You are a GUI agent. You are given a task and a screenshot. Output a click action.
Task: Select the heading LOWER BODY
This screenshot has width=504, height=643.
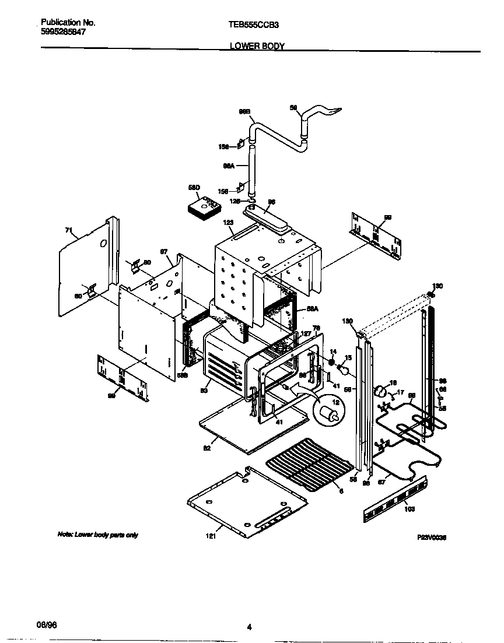click(x=257, y=46)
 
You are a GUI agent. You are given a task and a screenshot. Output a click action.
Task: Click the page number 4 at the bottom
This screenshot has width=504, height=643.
click(x=249, y=627)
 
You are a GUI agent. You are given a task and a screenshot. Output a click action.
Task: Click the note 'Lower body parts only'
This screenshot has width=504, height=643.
click(x=97, y=535)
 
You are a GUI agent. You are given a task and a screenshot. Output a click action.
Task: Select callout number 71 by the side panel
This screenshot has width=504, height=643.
click(x=68, y=231)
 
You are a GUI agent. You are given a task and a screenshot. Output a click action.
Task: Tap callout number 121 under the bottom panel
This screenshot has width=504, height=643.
click(x=211, y=536)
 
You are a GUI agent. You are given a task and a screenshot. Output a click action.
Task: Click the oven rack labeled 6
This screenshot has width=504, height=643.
click(x=309, y=466)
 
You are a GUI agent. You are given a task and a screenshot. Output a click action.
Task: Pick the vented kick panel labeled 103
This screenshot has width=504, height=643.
click(x=395, y=499)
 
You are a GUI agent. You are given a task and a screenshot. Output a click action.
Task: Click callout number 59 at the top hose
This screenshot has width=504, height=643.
click(x=293, y=107)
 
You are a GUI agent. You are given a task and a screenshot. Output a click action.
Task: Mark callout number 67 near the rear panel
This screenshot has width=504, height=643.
click(x=164, y=252)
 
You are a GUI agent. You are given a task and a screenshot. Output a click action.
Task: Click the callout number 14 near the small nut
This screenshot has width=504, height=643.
click(x=333, y=352)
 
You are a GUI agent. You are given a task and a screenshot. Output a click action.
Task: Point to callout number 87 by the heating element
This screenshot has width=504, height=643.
click(x=381, y=482)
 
